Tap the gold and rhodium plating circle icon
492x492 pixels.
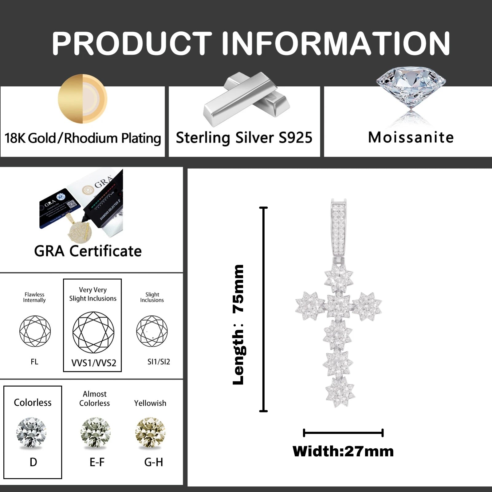pyautogui.click(x=82, y=99)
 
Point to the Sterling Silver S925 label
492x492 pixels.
pyautogui.click(x=244, y=137)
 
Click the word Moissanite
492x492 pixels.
pyautogui.click(x=411, y=137)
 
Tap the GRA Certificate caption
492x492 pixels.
pyautogui.click(x=88, y=251)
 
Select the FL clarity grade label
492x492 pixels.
pyautogui.click(x=34, y=362)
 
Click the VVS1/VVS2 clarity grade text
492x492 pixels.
pyautogui.click(x=94, y=363)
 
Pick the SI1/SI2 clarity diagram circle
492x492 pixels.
pyautogui.click(x=152, y=331)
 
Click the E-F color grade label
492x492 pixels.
pyautogui.click(x=97, y=462)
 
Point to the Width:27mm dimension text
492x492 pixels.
pyautogui.click(x=343, y=451)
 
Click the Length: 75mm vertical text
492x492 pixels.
pyautogui.click(x=238, y=324)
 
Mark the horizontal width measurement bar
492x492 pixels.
pyautogui.click(x=343, y=433)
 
